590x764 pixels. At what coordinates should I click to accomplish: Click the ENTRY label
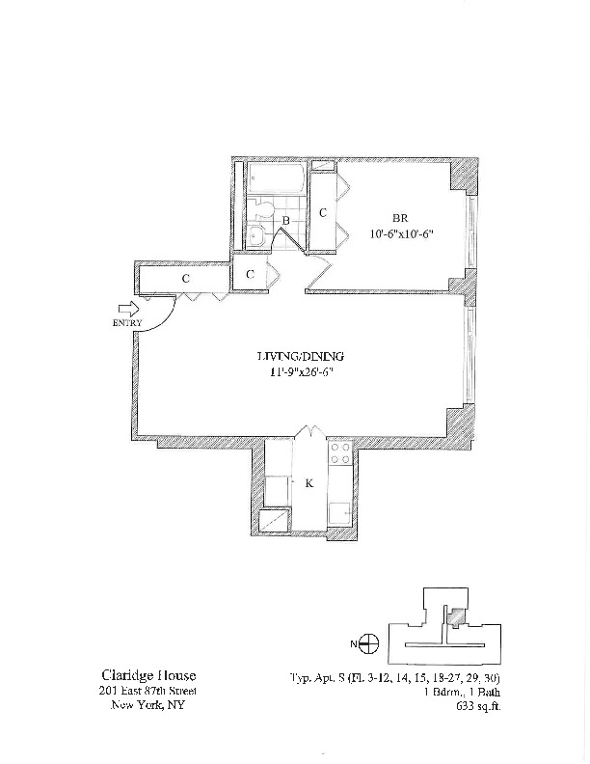point(127,322)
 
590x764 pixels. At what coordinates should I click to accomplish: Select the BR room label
point(401,217)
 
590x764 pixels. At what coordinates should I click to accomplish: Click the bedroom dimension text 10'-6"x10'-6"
point(400,232)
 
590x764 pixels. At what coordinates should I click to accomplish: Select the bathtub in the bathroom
point(277,179)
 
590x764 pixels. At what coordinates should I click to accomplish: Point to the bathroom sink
point(257,236)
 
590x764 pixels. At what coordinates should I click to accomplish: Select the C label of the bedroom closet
point(323,212)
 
